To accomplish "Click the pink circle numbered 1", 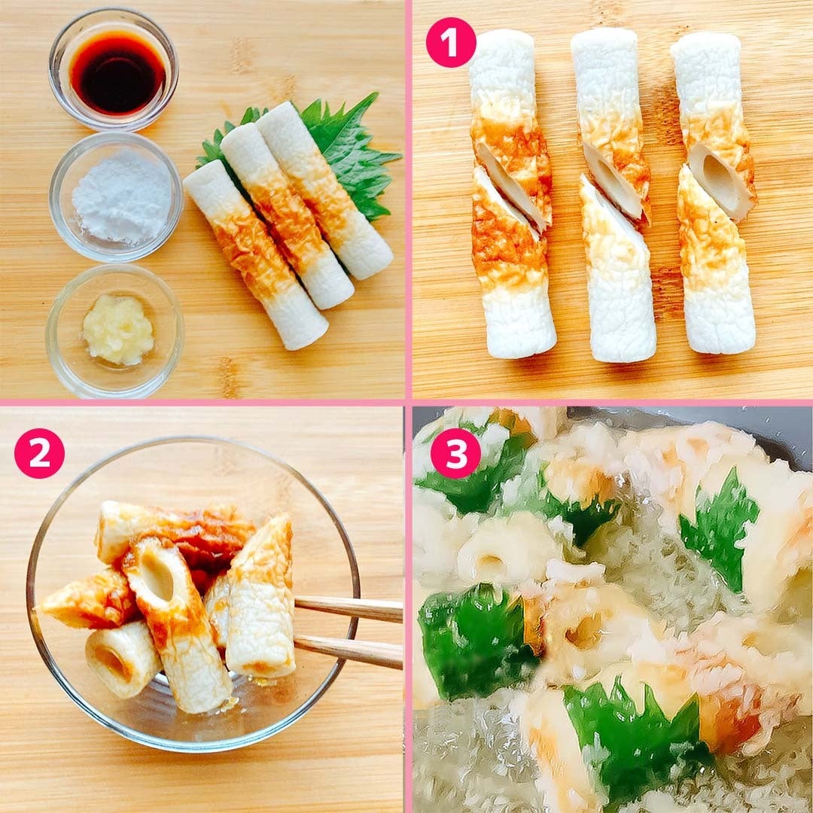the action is pos(451,42).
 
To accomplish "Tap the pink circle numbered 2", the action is pos(39,453).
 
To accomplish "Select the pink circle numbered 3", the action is pos(455,453).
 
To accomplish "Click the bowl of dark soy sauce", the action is pos(114,69).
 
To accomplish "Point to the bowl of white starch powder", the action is pos(116,197).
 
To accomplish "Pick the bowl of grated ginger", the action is pos(114,330).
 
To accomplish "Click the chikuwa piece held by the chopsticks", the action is pos(262,596).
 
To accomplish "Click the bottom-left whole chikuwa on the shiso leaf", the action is pos(256,254).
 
